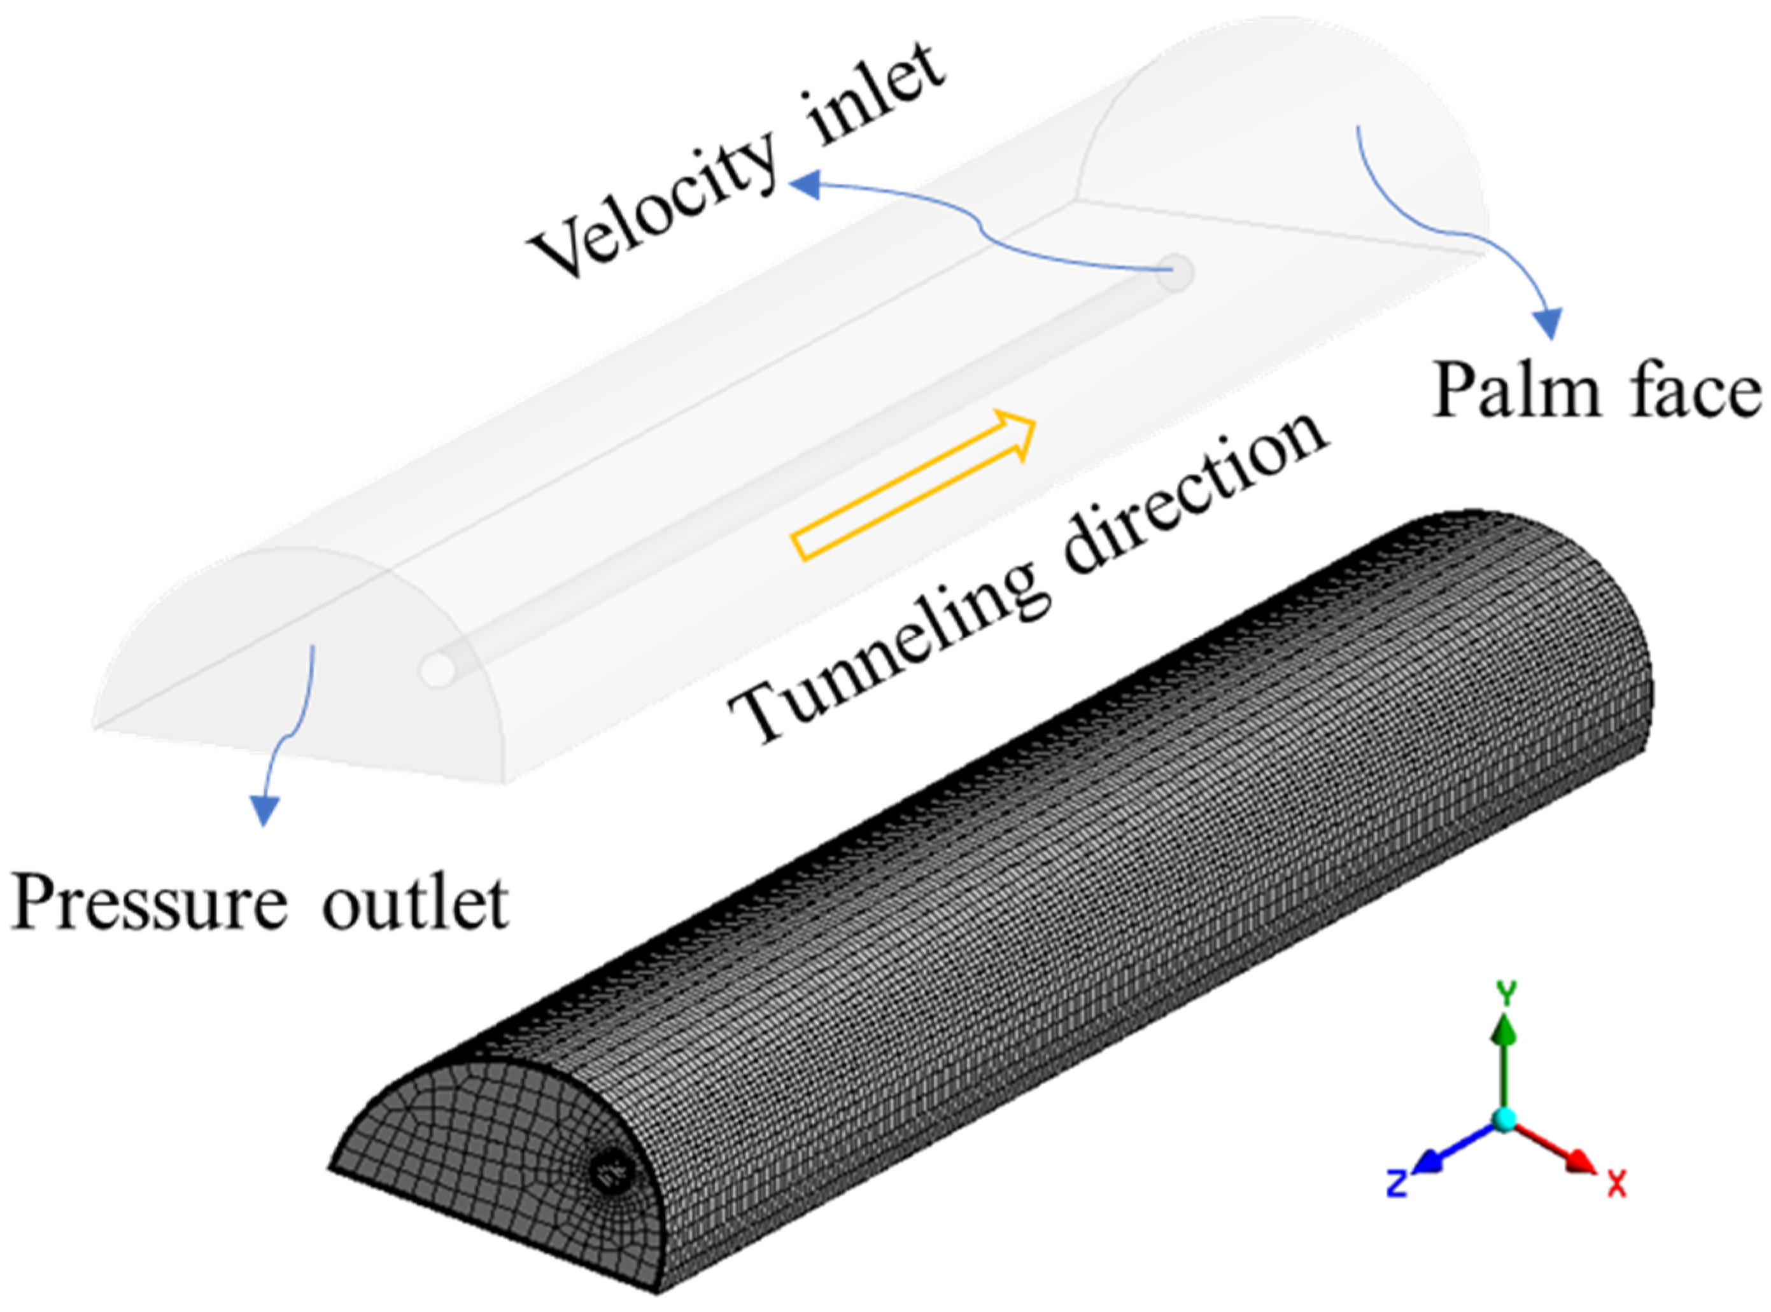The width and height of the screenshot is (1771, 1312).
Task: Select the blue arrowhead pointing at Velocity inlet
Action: [804, 186]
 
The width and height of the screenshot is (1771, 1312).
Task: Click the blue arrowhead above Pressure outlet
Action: [265, 809]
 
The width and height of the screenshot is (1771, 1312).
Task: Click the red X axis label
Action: [1618, 1183]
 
